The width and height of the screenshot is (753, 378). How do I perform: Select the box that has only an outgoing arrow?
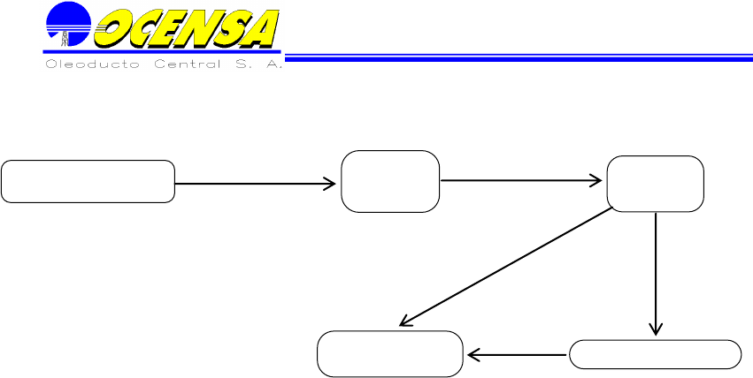pos(88,181)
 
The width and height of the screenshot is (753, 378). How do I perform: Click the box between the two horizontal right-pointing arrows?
pos(390,181)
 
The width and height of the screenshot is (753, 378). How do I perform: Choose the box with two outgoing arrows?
pos(656,183)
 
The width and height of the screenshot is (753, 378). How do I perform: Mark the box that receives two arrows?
pos(390,353)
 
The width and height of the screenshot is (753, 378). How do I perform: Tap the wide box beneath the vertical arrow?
pos(656,354)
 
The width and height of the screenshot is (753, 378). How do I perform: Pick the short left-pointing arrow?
pos(518,355)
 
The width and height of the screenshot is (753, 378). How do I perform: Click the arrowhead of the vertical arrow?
pos(656,329)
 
